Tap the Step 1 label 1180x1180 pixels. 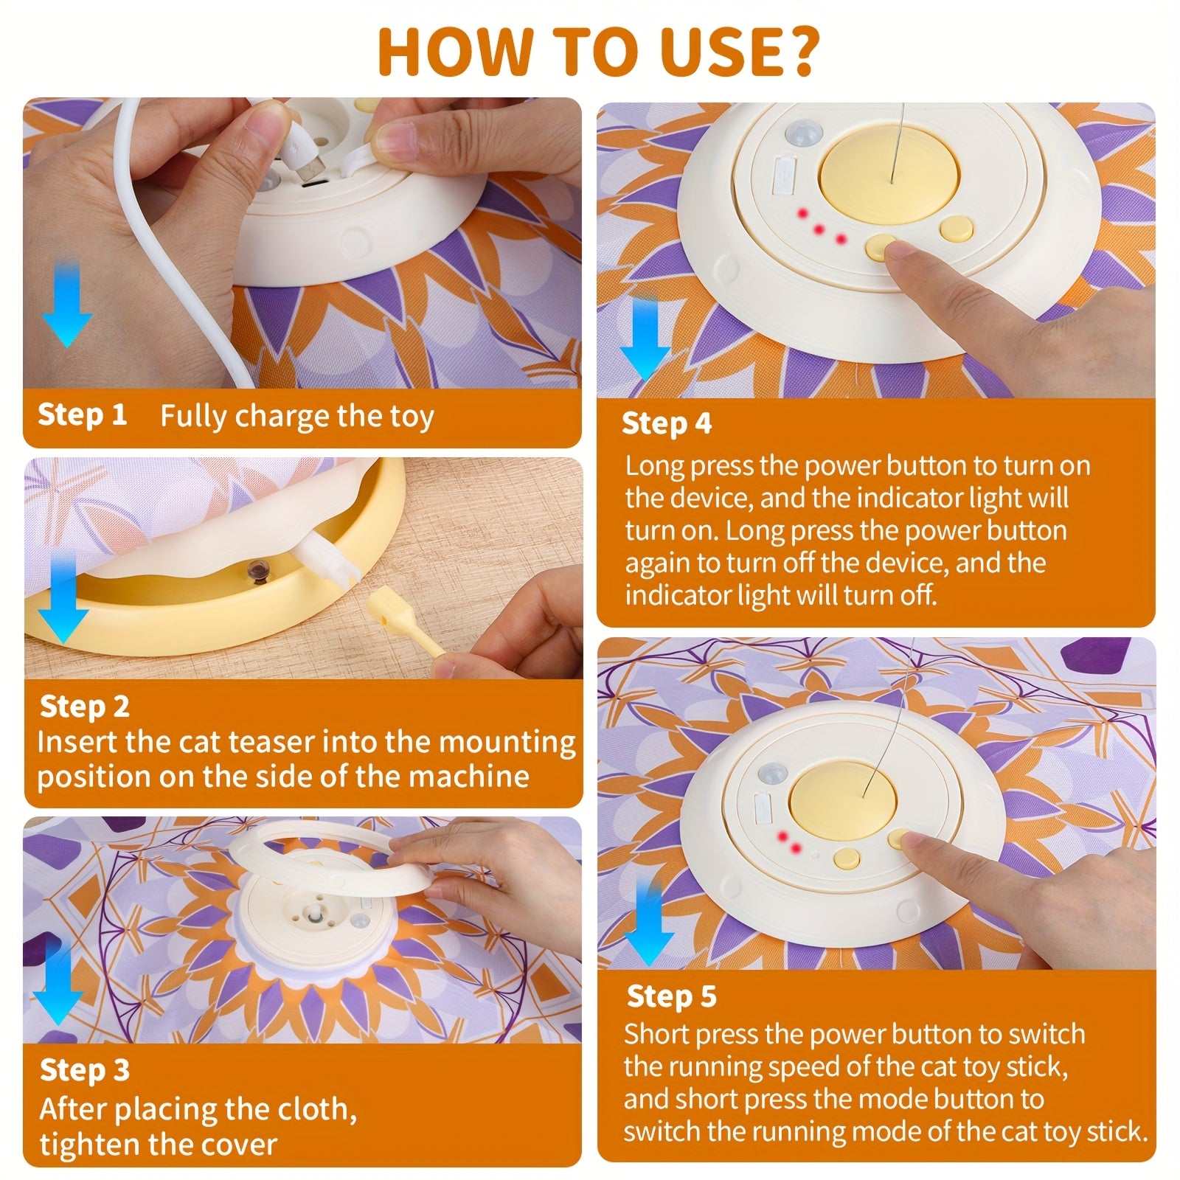(x=82, y=414)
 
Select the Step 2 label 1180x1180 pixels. (x=84, y=706)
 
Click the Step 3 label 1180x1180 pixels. (x=84, y=1069)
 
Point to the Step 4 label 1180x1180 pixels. (x=667, y=423)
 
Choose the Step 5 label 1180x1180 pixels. (x=671, y=996)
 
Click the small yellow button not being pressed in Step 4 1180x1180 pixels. (x=956, y=229)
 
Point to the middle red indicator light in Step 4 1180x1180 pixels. (x=819, y=229)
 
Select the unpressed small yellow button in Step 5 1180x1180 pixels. (x=847, y=858)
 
